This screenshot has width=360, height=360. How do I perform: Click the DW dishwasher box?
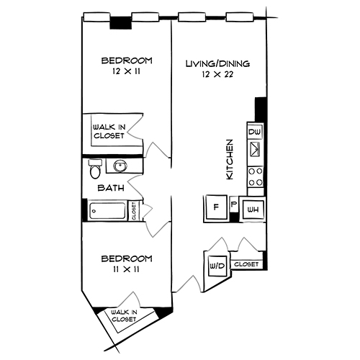point(253,132)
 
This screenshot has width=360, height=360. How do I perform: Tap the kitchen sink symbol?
point(254,150)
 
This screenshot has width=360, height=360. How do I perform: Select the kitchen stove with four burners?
point(254,176)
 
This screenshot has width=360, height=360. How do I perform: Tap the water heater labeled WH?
point(252,210)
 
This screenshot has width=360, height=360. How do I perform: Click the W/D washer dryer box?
point(217,266)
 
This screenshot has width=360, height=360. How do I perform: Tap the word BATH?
point(112,188)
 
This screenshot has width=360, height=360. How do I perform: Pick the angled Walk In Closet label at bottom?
point(123,315)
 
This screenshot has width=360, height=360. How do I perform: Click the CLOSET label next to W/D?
point(246,264)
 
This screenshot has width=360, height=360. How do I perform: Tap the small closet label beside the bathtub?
point(134,211)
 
